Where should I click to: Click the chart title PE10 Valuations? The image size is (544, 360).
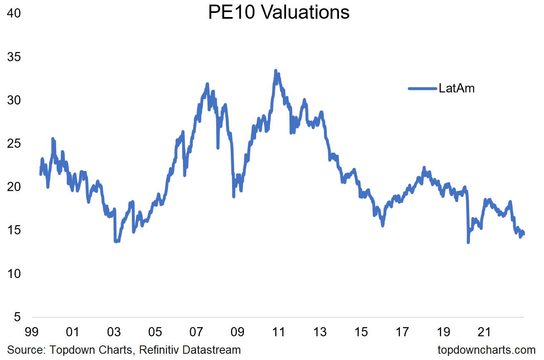click(x=279, y=12)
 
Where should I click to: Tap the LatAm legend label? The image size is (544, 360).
click(x=456, y=88)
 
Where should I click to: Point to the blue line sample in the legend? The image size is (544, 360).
click(x=422, y=88)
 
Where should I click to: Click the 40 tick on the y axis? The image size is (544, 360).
click(x=14, y=13)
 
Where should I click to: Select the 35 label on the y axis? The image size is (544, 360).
click(x=14, y=57)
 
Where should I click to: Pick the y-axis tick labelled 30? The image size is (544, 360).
click(x=14, y=100)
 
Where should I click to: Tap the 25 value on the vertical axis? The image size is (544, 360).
click(x=14, y=144)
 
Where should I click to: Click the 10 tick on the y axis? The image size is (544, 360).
click(x=14, y=274)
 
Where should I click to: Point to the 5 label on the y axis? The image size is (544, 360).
click(x=17, y=317)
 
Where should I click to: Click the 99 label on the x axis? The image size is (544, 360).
click(x=31, y=332)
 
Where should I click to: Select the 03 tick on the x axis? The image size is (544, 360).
click(x=114, y=332)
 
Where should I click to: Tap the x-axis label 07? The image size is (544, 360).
click(x=196, y=332)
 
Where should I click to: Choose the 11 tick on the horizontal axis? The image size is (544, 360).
click(x=278, y=332)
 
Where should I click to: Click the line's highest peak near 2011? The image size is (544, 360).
click(x=276, y=71)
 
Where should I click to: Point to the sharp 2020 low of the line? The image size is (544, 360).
click(x=468, y=242)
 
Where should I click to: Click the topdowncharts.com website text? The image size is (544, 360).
click(x=486, y=350)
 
